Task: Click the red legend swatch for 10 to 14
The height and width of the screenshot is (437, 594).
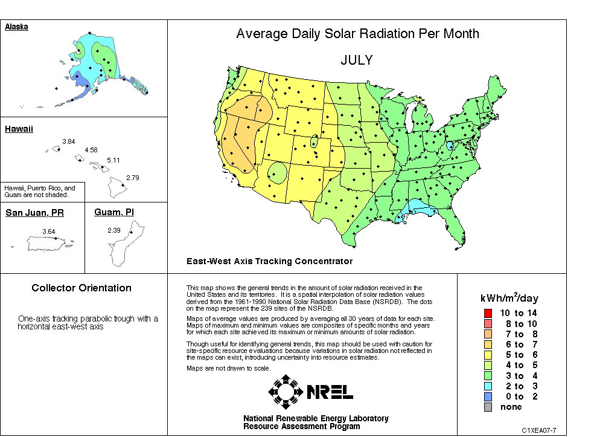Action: pyautogui.click(x=487, y=313)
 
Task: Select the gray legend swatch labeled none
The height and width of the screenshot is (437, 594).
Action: pyautogui.click(x=487, y=407)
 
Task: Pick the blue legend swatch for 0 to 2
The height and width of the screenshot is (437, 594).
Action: pyautogui.click(x=487, y=397)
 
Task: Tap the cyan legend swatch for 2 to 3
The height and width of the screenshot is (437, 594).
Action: pyautogui.click(x=487, y=386)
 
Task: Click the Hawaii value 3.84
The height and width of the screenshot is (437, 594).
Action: pyautogui.click(x=68, y=141)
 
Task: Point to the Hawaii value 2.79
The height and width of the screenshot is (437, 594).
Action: pyautogui.click(x=133, y=178)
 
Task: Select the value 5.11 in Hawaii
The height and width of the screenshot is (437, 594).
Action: pyautogui.click(x=113, y=160)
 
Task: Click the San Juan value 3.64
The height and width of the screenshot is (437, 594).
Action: pyautogui.click(x=49, y=231)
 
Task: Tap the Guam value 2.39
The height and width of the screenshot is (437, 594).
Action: pyautogui.click(x=114, y=230)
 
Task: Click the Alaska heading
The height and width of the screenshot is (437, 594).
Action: pyautogui.click(x=16, y=27)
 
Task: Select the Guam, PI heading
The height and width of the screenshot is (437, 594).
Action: pyautogui.click(x=114, y=212)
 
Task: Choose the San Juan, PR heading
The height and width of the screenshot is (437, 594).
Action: pyautogui.click(x=34, y=213)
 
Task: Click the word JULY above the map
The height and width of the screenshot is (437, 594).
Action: pyautogui.click(x=356, y=60)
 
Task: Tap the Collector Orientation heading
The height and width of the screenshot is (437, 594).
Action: pyautogui.click(x=81, y=288)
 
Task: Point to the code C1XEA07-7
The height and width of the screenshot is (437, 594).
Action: pyautogui.click(x=539, y=430)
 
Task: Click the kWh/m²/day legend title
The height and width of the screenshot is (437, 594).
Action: pyautogui.click(x=509, y=298)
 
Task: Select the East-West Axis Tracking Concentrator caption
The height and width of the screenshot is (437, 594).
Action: pyautogui.click(x=269, y=261)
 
